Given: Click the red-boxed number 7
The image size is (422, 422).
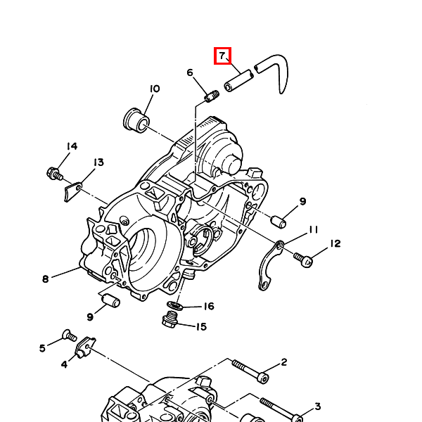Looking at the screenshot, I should [x=222, y=55].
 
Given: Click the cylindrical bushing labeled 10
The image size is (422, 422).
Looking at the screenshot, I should [x=136, y=120].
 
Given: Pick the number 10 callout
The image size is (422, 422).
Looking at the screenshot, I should [x=154, y=89].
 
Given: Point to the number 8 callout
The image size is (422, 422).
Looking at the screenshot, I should [x=45, y=279].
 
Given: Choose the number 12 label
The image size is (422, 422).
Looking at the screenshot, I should [x=335, y=243].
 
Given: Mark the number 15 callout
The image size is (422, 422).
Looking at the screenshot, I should [x=200, y=326].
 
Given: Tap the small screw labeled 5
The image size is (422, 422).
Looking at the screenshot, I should [x=68, y=335].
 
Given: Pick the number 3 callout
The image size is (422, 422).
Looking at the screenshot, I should [x=317, y=407].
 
